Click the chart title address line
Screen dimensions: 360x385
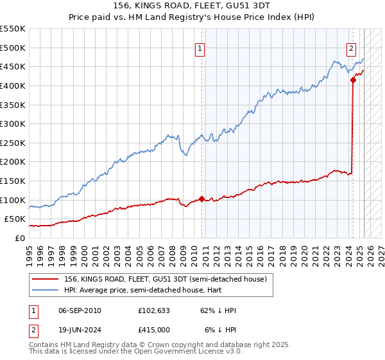pyautogui.click(x=192, y=5)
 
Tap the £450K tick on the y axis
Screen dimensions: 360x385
pyautogui.click(x=13, y=66)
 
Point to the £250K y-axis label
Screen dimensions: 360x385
pyautogui.click(x=13, y=143)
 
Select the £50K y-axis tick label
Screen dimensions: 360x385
pyautogui.click(x=15, y=219)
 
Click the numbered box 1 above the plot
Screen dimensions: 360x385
pyautogui.click(x=200, y=48)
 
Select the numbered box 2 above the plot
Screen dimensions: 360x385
pyautogui.click(x=352, y=48)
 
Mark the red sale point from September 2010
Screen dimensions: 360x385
pyautogui.click(x=201, y=199)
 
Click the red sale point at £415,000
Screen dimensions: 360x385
pyautogui.click(x=353, y=80)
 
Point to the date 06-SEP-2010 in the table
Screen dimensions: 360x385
pyautogui.click(x=80, y=310)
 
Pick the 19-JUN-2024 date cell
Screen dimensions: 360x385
pyautogui.click(x=80, y=329)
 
